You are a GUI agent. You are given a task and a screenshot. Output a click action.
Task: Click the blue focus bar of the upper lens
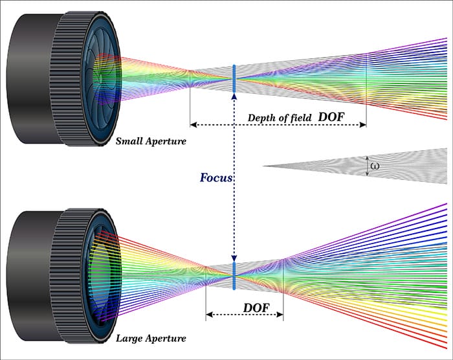(234, 78)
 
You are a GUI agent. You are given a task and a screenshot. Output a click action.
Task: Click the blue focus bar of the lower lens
(234, 275)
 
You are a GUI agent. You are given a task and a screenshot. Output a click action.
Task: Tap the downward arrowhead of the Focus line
(234, 258)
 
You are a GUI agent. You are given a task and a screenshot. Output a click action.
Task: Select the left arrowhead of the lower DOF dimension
(208, 316)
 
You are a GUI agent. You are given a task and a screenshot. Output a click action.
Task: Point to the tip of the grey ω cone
(264, 166)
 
